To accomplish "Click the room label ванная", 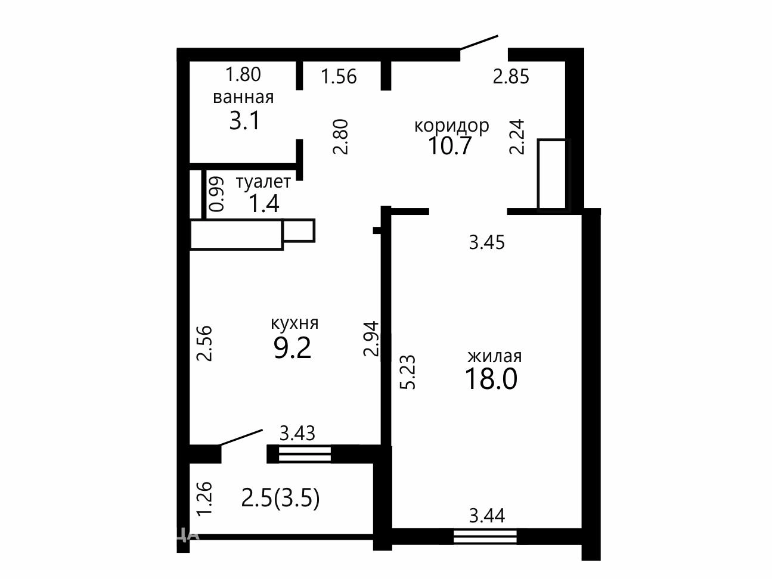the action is pyautogui.click(x=243, y=97).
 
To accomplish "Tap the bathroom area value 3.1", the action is pyautogui.click(x=244, y=120).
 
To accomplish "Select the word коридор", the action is pyautogui.click(x=452, y=126).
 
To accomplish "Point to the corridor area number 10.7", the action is pyautogui.click(x=450, y=145).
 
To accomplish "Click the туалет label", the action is pyautogui.click(x=263, y=182).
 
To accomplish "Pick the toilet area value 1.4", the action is pyautogui.click(x=263, y=204).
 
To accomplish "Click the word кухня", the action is pyautogui.click(x=294, y=323).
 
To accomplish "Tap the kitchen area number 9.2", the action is pyautogui.click(x=293, y=348).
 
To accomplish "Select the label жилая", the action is pyautogui.click(x=495, y=357).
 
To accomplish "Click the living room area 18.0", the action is pyautogui.click(x=491, y=379).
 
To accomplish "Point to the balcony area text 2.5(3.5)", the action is pyautogui.click(x=280, y=499).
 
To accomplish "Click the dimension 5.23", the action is pyautogui.click(x=408, y=372).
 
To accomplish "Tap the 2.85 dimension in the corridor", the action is pyautogui.click(x=511, y=77).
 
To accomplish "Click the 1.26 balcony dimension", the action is pyautogui.click(x=204, y=499).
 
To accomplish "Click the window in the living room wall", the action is pyautogui.click(x=485, y=537).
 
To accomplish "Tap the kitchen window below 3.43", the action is pyautogui.click(x=305, y=454).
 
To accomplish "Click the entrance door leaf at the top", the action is pyautogui.click(x=479, y=42).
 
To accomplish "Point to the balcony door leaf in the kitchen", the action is pyautogui.click(x=241, y=437).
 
